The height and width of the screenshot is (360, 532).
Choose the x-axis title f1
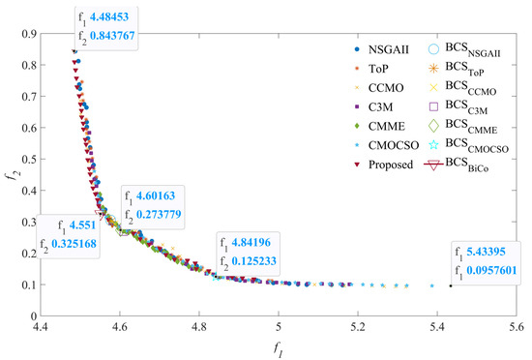click(279, 349)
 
